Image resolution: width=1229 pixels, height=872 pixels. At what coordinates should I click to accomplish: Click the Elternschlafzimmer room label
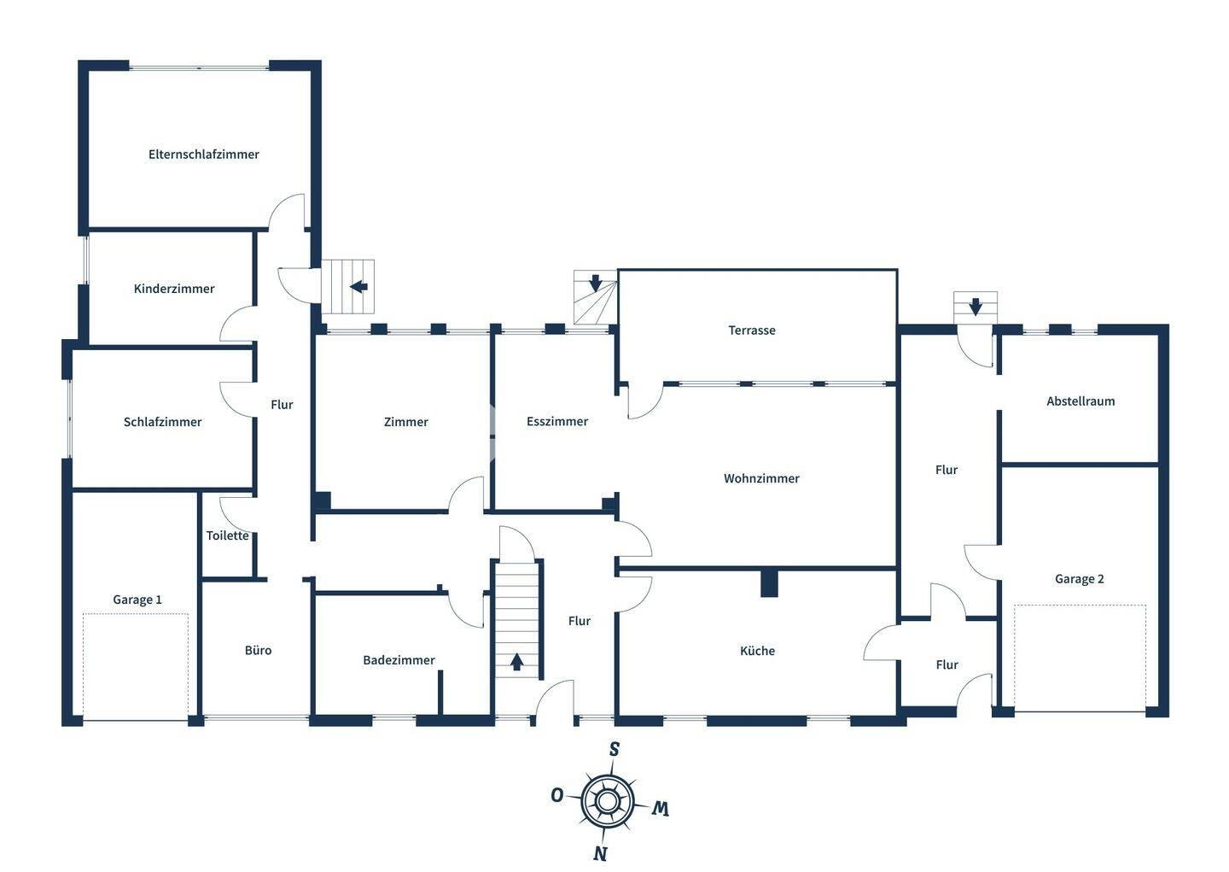point(203,155)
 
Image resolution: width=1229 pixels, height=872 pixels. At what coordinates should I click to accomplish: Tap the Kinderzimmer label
point(174,289)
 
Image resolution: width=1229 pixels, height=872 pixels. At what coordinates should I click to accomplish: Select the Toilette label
point(228,535)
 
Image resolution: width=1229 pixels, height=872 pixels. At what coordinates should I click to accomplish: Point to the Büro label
point(258,650)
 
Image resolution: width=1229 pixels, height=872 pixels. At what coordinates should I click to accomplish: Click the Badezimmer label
point(399,660)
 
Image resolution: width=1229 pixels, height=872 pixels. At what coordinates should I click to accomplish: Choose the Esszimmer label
point(557,421)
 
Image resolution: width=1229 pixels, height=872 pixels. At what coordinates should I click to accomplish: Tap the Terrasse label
point(752,331)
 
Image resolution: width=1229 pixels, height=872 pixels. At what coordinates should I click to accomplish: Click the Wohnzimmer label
point(761,478)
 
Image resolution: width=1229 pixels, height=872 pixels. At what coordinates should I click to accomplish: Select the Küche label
point(757,651)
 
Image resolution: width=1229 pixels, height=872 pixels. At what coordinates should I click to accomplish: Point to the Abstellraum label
point(1080,401)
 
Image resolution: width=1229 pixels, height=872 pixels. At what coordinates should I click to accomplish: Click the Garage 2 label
point(1079,579)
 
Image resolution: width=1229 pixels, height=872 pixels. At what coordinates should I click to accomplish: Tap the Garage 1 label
point(137,600)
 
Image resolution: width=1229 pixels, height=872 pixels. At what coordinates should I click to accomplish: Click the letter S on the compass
point(614,750)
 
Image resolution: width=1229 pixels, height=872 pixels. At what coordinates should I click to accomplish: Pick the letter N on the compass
point(601,852)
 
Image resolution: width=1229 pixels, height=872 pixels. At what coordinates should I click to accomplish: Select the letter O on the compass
point(556,796)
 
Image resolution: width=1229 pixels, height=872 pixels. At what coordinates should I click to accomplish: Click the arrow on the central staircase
point(516,661)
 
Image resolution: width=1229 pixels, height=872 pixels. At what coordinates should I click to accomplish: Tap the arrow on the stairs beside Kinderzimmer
point(358,286)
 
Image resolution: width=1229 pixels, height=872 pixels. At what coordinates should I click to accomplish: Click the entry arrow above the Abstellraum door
point(976,306)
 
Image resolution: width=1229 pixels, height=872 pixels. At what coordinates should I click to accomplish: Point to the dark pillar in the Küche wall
point(769,583)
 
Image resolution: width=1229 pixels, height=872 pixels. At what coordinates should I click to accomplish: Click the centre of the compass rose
point(607,801)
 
